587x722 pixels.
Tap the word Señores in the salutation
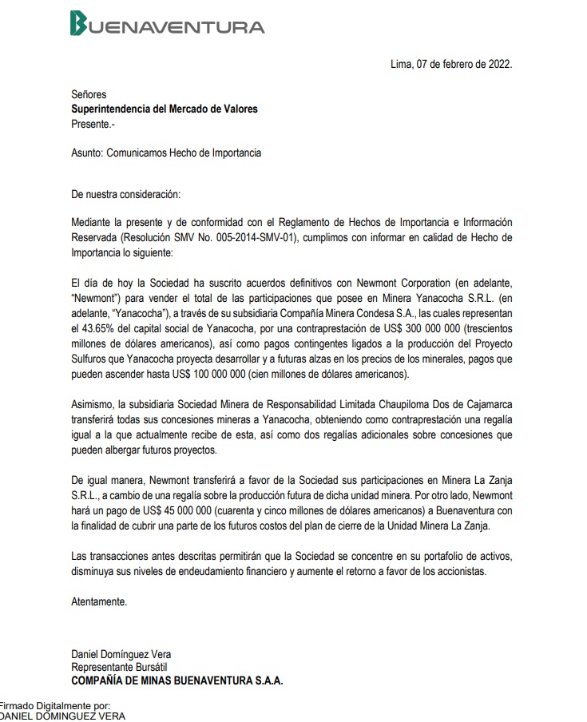(x=89, y=95)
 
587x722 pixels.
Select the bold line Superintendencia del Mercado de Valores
(x=165, y=109)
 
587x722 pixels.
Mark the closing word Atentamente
(x=99, y=600)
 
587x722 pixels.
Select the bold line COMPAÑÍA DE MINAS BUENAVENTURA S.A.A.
(x=177, y=680)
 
